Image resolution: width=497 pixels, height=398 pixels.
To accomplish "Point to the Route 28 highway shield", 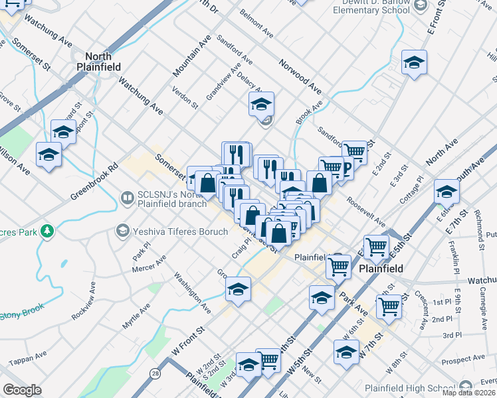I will [155, 375].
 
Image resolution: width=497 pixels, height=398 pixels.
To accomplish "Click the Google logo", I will [22, 390].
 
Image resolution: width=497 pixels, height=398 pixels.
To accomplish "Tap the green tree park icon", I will [47, 231].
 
